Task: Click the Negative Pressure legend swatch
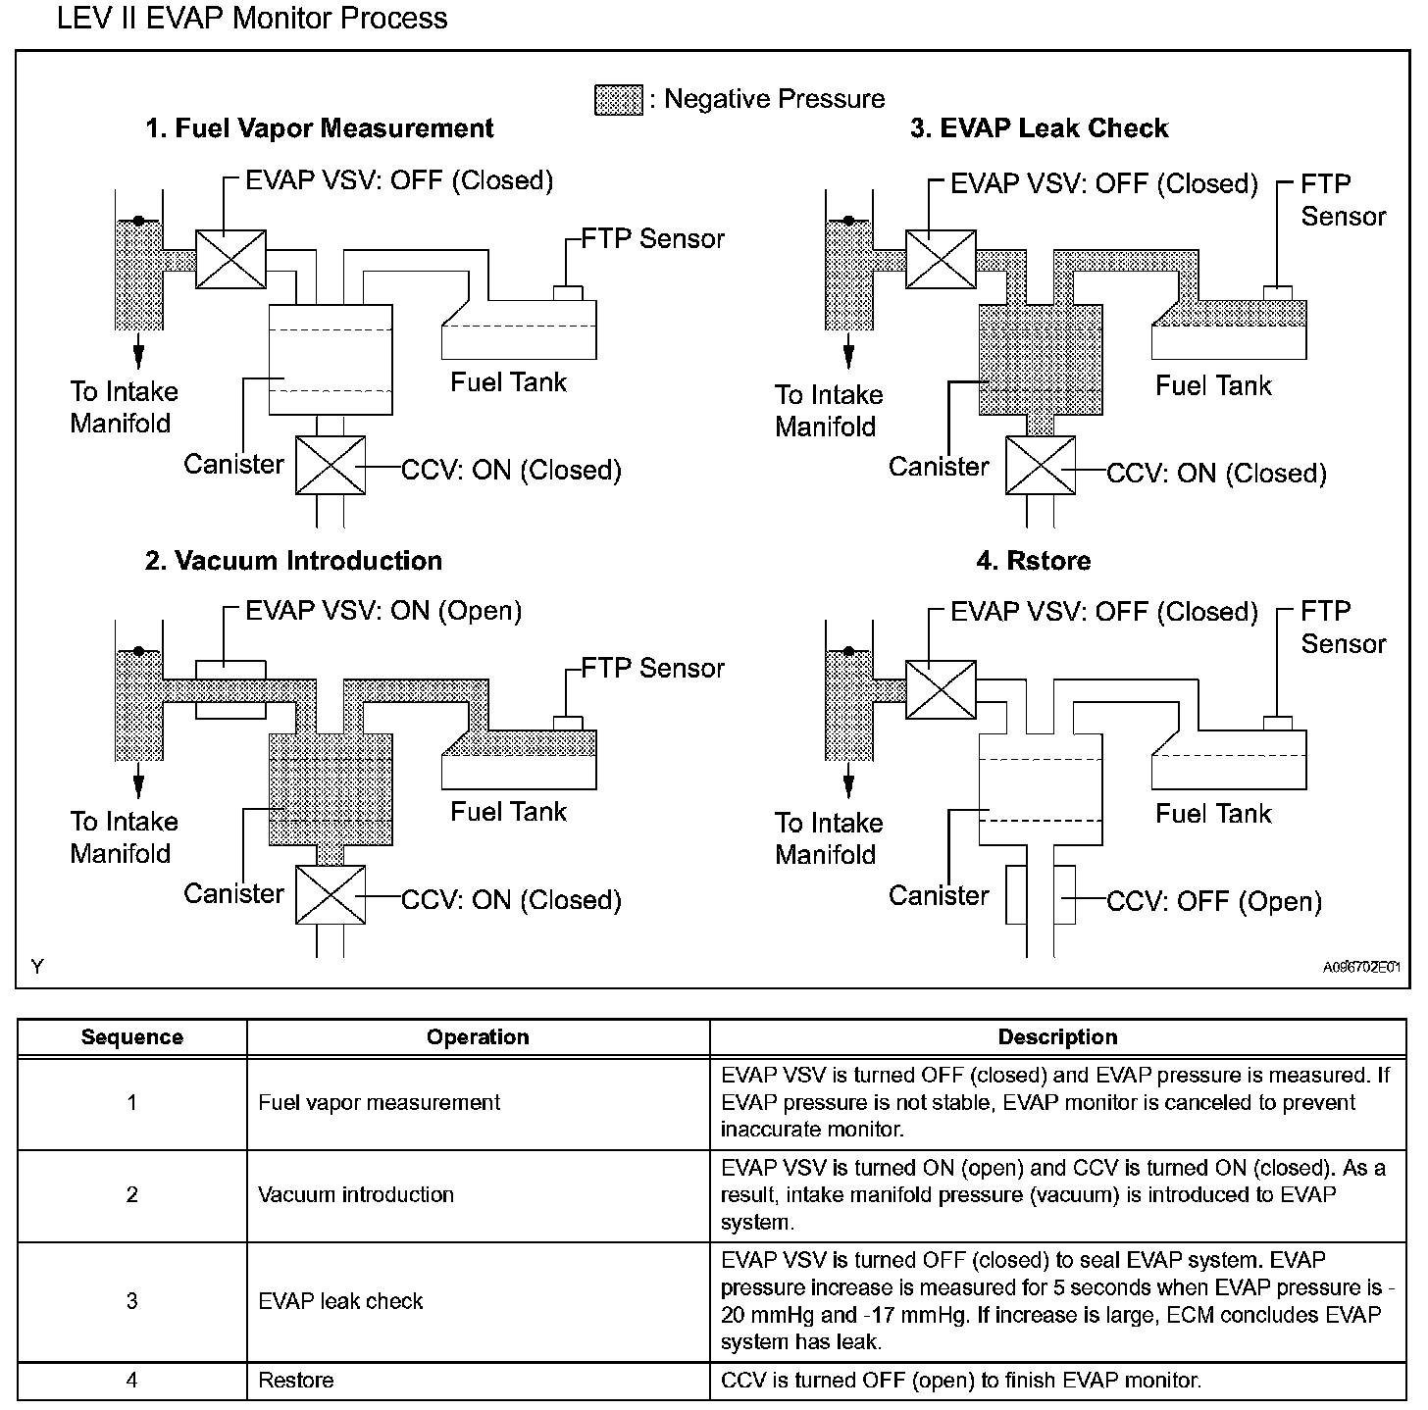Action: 619,100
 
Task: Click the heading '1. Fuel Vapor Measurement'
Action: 319,128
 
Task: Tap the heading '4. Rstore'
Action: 1034,561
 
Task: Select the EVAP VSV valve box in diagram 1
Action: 230,260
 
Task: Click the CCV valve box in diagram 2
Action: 331,894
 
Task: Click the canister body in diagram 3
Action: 1041,359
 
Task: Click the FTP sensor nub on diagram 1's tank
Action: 569,292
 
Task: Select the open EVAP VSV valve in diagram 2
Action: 230,689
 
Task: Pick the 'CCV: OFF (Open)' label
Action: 1214,901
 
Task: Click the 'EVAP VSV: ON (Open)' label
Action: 383,611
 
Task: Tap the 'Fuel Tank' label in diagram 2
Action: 508,812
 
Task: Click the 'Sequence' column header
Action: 131,1037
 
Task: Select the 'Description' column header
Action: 1057,1037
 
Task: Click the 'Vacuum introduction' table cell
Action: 356,1194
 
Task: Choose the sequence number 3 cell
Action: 131,1301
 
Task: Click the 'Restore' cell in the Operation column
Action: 296,1381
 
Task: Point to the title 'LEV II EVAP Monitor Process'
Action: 252,19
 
